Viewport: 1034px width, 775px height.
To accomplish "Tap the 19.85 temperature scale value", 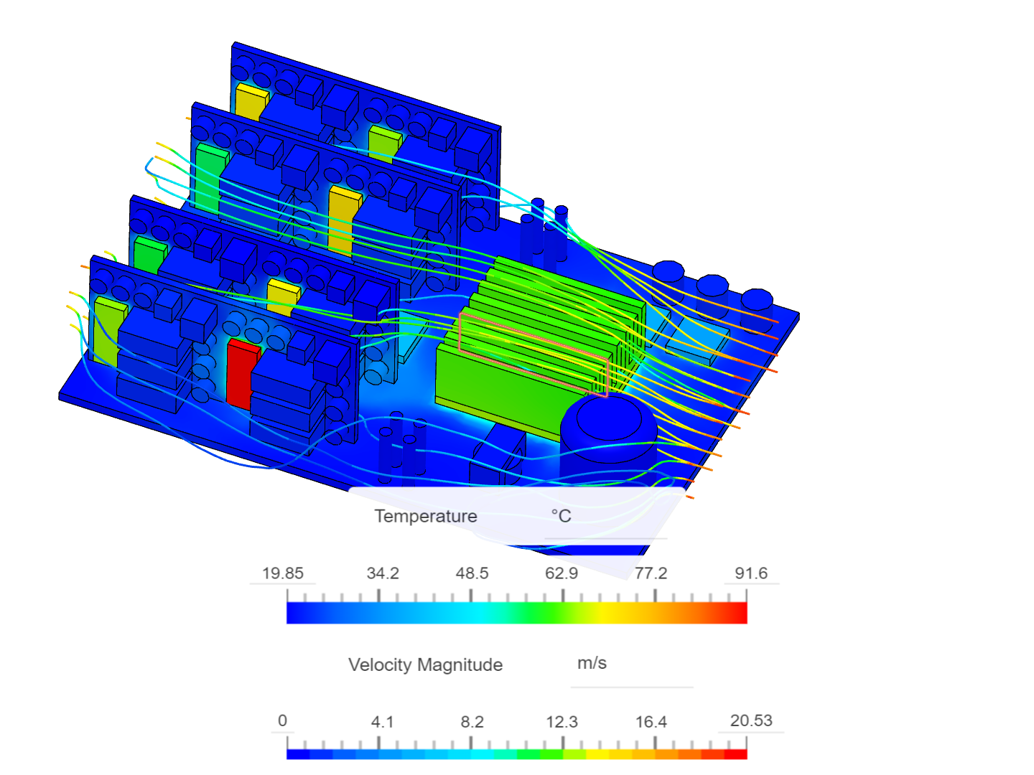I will pyautogui.click(x=282, y=573).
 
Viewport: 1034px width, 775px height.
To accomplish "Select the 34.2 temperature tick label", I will pyautogui.click(x=382, y=573).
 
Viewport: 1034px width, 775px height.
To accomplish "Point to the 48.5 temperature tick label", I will pyautogui.click(x=472, y=573).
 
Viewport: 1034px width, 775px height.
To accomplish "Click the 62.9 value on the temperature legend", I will pyautogui.click(x=562, y=573).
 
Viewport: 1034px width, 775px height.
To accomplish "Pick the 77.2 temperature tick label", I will pyautogui.click(x=651, y=573).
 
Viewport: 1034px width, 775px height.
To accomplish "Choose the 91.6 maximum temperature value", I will pyautogui.click(x=751, y=573).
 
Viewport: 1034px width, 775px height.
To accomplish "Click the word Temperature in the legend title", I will pyautogui.click(x=426, y=516).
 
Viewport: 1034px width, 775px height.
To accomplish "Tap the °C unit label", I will pyautogui.click(x=561, y=516).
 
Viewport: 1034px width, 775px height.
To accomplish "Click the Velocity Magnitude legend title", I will pyautogui.click(x=425, y=664).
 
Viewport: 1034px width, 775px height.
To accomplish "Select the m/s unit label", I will pyautogui.click(x=592, y=663).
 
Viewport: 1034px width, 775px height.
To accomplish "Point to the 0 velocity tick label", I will pyautogui.click(x=282, y=720).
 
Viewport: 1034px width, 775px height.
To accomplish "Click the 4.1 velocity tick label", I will pyautogui.click(x=382, y=722).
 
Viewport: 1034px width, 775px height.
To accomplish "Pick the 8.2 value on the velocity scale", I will pyautogui.click(x=472, y=722).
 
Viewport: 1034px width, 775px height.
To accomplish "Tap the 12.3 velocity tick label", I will pyautogui.click(x=562, y=722).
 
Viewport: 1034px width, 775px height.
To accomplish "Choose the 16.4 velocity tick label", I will pyautogui.click(x=651, y=722).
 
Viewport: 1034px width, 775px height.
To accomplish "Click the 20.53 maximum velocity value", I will pyautogui.click(x=751, y=720).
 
